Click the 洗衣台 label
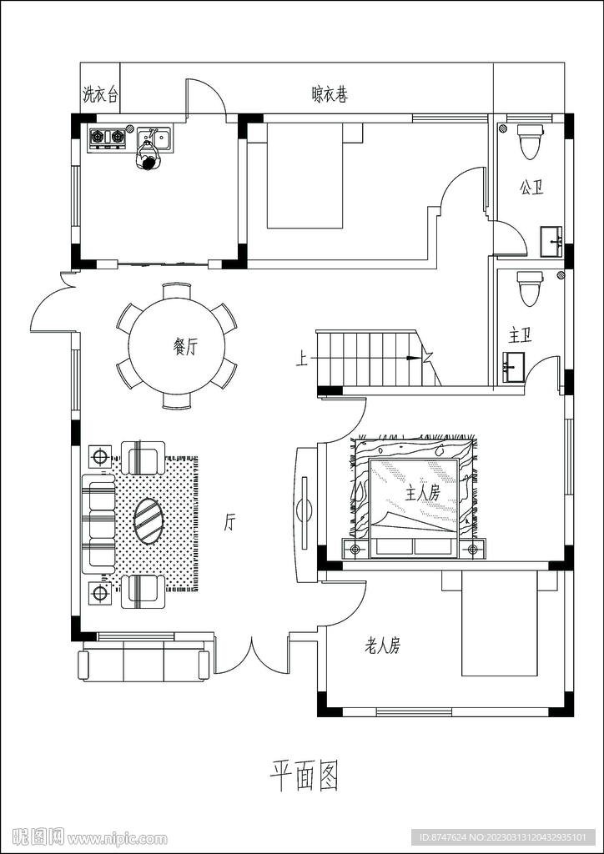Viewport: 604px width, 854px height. (x=100, y=94)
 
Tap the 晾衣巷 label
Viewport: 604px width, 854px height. (x=330, y=94)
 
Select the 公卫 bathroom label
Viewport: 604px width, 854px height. (x=532, y=189)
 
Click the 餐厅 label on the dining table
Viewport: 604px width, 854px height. (x=184, y=347)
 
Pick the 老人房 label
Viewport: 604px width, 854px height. (x=382, y=646)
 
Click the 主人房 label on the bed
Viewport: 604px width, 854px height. (x=423, y=493)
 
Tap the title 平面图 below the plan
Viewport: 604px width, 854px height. (x=305, y=775)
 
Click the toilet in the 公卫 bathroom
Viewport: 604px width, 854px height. (x=530, y=141)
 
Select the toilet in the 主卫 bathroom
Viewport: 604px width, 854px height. (x=530, y=289)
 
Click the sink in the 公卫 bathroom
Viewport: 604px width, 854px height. (x=552, y=242)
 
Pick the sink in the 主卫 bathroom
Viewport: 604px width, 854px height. (x=514, y=367)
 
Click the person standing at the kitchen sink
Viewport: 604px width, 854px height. (x=147, y=158)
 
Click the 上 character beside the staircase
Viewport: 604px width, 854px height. (x=301, y=359)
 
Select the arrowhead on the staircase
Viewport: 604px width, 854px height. (x=415, y=359)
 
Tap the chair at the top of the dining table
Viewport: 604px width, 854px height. (x=177, y=290)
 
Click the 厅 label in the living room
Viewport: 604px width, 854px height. (x=229, y=523)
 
